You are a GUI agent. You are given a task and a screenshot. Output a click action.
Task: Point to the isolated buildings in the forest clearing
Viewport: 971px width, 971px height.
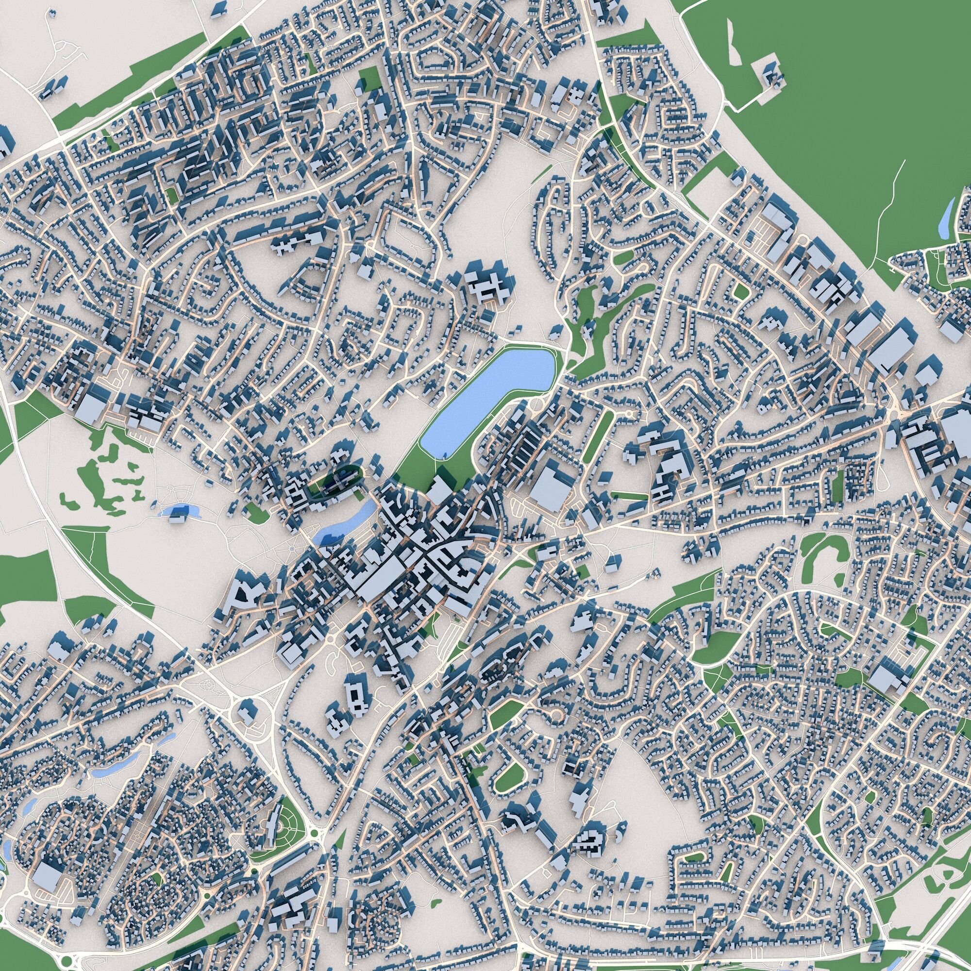(772, 75)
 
